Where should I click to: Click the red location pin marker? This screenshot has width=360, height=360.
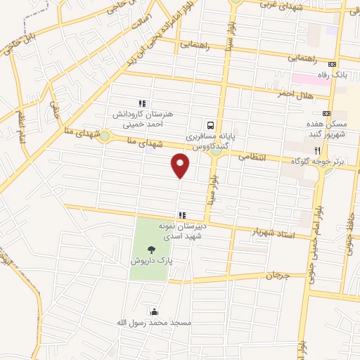pos(181,165)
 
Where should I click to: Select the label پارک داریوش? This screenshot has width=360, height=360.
pos(151,261)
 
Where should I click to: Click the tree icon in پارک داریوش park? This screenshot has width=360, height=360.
pos(151,250)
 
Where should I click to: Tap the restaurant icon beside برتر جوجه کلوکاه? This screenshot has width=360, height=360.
pos(317,150)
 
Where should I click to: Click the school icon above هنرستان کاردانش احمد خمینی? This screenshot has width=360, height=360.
pos(142,104)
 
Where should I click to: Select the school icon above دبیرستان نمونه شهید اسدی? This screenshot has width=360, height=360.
pos(182,215)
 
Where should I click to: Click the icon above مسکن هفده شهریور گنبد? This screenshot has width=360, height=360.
pos(326,112)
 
